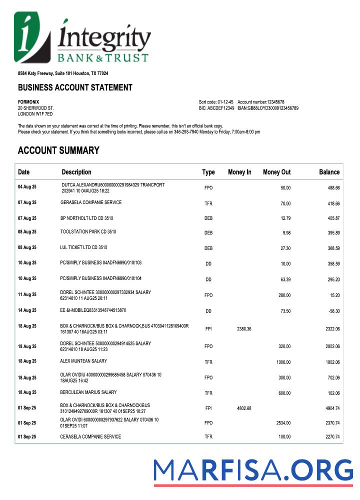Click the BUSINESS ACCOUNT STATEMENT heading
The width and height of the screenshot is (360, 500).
tap(75, 87)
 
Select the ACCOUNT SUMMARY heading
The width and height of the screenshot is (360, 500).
tap(58, 150)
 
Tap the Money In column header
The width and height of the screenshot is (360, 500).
tap(239, 172)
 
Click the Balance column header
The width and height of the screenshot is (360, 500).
tap(329, 172)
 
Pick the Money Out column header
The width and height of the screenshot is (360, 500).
tap(276, 172)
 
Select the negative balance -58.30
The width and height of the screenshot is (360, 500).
tap(333, 311)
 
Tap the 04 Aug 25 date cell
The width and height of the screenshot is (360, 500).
tap(27, 187)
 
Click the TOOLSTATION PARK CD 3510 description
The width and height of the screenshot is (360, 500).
tap(88, 232)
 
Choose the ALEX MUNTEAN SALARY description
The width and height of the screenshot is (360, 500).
tap(83, 361)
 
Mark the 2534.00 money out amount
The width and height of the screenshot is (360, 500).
tap(283, 422)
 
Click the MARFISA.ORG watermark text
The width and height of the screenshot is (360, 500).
tap(253, 471)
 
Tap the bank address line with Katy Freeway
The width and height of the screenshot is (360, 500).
tap(63, 73)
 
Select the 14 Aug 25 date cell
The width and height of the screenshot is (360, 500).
tap(27, 310)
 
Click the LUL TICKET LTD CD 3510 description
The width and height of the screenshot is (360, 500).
tap(83, 247)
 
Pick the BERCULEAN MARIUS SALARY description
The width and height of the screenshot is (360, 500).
tap(88, 392)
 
